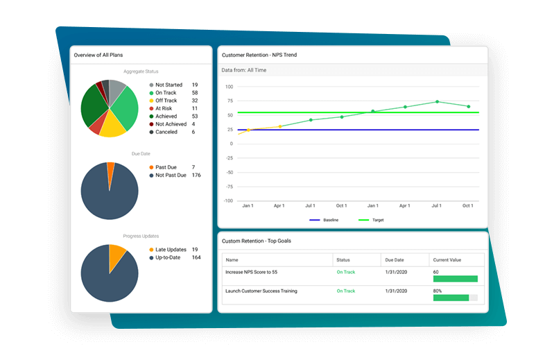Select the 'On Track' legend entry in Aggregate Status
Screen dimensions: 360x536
coord(166,92)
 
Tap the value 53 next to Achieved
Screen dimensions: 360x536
coord(194,117)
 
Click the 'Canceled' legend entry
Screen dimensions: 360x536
coord(166,132)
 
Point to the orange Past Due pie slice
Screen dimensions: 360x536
coord(111,166)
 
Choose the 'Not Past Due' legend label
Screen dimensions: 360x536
coord(171,175)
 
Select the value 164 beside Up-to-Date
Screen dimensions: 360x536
coord(196,257)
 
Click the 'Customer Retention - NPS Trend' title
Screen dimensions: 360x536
coord(259,54)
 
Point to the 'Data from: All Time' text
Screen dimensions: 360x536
coord(243,70)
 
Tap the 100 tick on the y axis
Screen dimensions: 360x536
coord(230,87)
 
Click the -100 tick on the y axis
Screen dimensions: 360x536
coord(228,201)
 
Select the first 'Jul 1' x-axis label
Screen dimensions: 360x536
coord(310,206)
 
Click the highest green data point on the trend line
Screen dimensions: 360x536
coord(437,102)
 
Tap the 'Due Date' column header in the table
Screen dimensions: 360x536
coord(394,260)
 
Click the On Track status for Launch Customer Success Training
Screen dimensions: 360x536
coord(345,291)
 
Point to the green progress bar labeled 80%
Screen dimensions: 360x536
coord(451,298)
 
